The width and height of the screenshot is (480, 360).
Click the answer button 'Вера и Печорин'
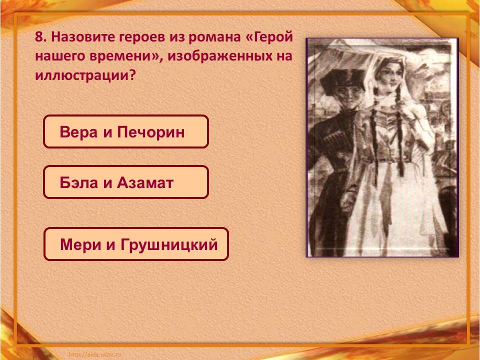point(125,132)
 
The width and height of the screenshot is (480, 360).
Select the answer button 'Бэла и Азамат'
point(125,182)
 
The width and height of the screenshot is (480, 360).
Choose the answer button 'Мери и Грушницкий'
point(136,244)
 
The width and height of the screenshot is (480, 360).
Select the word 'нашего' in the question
point(60,56)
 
